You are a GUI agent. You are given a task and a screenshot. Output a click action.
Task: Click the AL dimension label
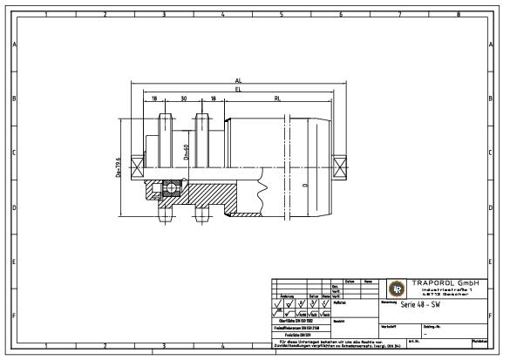(238, 80)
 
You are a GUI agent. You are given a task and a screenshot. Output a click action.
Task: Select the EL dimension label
(238, 89)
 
